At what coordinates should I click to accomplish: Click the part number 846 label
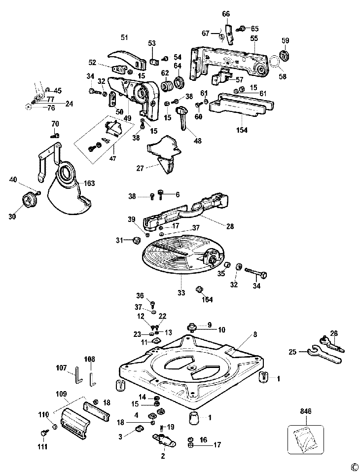[x=305, y=411]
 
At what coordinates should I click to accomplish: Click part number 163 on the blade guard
[x=89, y=183]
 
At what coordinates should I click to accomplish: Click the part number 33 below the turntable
[x=181, y=292]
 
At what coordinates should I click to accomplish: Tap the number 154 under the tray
[x=242, y=130]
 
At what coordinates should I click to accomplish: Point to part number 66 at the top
[x=226, y=14]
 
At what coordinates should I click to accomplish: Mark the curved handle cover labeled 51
[x=125, y=59]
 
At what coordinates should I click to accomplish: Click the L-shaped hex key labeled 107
[x=77, y=374]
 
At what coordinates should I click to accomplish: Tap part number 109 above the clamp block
[x=61, y=394]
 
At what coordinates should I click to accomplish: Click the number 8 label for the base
[x=255, y=334]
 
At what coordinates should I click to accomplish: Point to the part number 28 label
[x=230, y=226]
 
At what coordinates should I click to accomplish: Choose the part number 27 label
[x=140, y=168]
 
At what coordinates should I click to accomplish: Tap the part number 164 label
[x=207, y=299]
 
